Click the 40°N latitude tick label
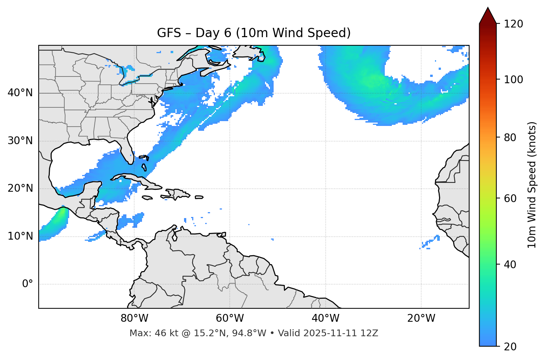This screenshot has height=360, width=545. [x=20, y=93]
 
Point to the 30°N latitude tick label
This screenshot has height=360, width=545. [x=20, y=141]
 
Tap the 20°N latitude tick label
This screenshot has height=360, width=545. [x=20, y=188]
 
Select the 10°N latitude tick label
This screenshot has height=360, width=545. [x=20, y=236]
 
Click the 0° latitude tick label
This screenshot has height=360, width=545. [x=28, y=284]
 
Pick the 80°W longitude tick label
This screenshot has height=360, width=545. [x=134, y=318]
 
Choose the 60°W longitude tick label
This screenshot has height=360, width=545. [x=230, y=318]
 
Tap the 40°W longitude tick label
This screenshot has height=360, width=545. [x=325, y=318]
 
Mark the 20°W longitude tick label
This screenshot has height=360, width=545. [x=421, y=318]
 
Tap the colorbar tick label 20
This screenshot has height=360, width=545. [x=510, y=347]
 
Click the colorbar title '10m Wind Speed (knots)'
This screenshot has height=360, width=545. [x=532, y=185]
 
